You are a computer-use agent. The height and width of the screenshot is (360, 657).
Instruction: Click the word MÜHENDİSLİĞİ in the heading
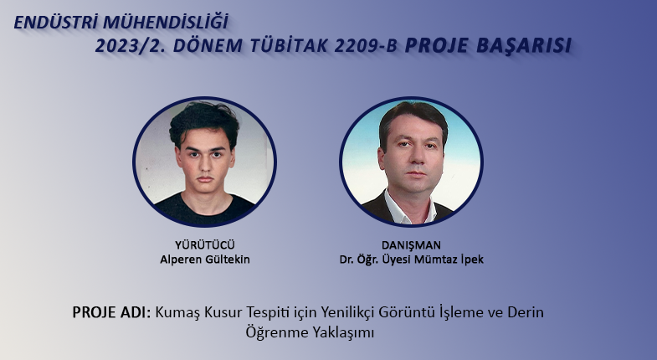pos(166,22)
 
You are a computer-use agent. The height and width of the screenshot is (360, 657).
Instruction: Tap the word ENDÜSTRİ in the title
pos(56,23)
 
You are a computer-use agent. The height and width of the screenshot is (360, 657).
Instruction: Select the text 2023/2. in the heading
pos(131,46)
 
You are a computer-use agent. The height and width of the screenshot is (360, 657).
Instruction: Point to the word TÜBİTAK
pos(289,46)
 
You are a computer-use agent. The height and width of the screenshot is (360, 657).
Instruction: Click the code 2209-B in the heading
pos(366,46)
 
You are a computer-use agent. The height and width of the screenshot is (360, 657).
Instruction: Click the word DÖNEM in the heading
pos(208,46)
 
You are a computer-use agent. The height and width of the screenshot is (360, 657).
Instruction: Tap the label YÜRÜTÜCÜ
pos(205,244)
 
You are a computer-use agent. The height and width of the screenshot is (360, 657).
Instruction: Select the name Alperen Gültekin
pos(205,260)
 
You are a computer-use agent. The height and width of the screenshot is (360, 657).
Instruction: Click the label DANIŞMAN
pos(411,244)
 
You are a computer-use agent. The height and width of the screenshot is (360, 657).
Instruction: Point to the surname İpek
pos(472,260)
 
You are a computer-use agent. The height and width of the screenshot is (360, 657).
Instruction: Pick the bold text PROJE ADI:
pos(111,312)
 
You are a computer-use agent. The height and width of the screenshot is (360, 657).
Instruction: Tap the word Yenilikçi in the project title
pos(348,312)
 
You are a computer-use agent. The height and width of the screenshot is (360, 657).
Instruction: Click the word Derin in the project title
pos(526,312)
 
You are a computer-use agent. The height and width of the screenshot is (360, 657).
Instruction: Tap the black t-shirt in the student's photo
pos(204,208)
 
